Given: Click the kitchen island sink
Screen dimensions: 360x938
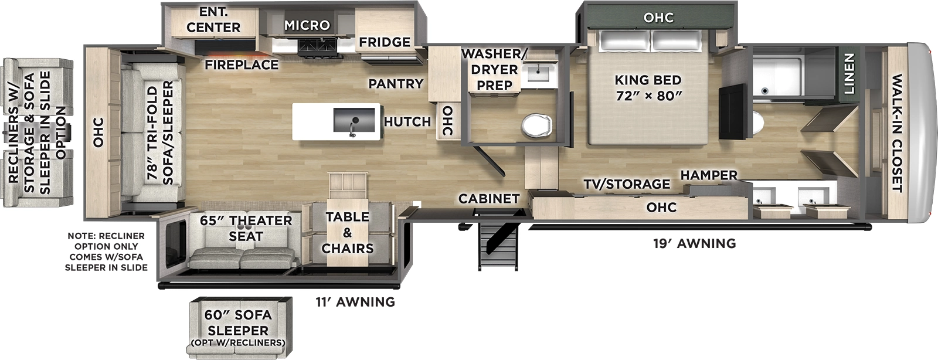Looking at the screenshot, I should tap(353, 121).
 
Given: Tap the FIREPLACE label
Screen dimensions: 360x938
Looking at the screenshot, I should tap(241, 64).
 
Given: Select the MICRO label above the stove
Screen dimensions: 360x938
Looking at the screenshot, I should tap(307, 25).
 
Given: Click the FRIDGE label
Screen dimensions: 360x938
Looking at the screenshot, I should tap(385, 42).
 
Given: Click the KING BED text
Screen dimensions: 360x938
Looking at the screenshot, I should tap(648, 87).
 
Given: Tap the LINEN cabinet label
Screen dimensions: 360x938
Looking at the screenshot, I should tap(848, 73).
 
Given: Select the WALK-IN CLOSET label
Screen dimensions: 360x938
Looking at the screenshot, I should tap(896, 133).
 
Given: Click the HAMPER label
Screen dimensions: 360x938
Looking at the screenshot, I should tap(709, 175).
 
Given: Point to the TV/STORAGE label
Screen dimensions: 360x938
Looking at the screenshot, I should tap(626, 184).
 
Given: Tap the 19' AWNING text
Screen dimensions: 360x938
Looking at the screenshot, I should tap(694, 243).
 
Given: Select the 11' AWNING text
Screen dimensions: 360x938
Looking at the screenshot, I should tap(355, 302).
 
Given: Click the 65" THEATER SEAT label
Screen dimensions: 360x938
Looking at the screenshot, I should tap(246, 228).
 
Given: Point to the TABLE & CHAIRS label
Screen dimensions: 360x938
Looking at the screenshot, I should tap(348, 232).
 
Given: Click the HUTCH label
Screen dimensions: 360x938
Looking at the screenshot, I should tap(407, 121).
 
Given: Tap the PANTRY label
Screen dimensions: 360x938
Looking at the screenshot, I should tap(396, 84).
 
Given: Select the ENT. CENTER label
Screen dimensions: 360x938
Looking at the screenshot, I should tap(213, 20).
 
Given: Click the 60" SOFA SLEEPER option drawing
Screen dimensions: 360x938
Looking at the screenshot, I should tap(239, 327).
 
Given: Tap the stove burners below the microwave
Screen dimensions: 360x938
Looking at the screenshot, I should tap(315, 45).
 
